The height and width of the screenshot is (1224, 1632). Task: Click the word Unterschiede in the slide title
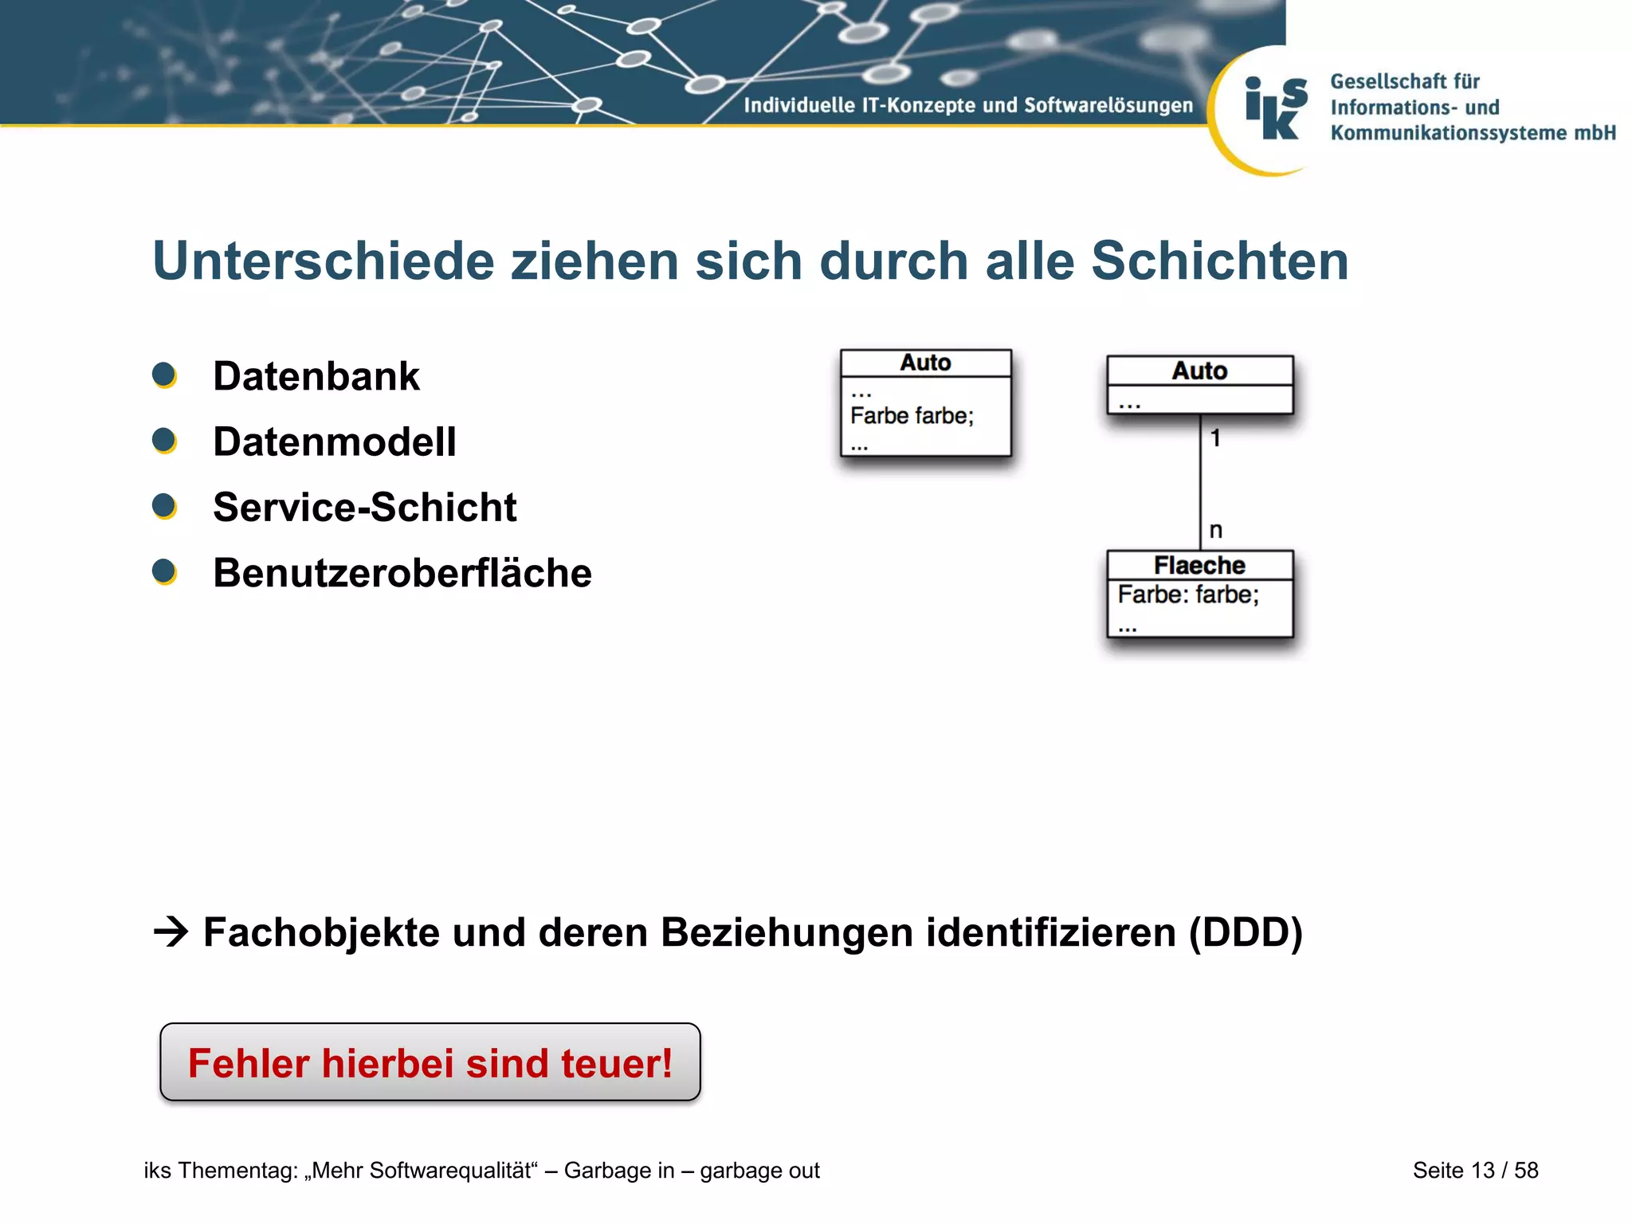tap(323, 261)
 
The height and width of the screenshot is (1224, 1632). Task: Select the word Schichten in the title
tap(1219, 261)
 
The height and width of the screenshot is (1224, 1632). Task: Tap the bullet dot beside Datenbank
tap(164, 375)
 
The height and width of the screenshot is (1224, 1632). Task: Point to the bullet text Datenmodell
tap(335, 441)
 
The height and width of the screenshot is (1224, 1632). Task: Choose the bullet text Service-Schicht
tap(365, 508)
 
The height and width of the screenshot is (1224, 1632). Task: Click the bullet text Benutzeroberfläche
tap(402, 573)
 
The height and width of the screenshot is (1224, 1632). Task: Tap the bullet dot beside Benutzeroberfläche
tap(164, 571)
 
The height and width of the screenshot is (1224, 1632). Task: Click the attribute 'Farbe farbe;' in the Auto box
tap(912, 416)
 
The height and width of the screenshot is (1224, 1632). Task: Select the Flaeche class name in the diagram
tap(1199, 565)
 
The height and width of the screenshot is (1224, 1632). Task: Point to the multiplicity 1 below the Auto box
tap(1215, 438)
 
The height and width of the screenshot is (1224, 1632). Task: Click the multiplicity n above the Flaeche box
tap(1215, 530)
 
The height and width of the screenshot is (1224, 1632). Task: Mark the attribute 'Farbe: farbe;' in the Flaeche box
tap(1188, 594)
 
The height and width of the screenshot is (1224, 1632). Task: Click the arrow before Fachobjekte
tap(171, 932)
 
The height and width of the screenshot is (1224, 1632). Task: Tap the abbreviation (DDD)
tap(1246, 932)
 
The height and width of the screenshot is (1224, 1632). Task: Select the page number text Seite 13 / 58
tap(1475, 1170)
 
